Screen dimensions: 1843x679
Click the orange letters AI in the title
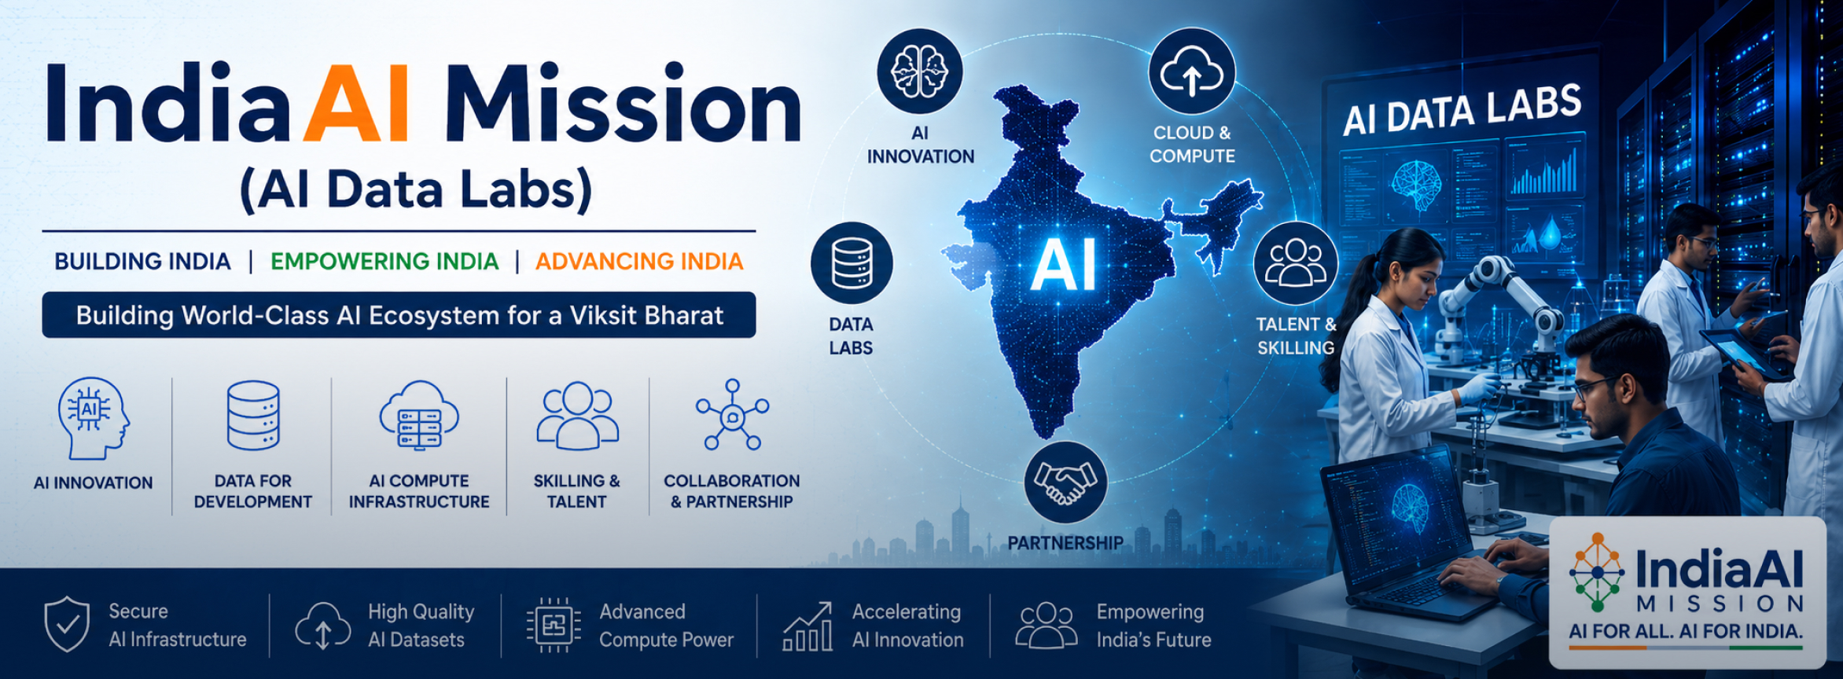356,104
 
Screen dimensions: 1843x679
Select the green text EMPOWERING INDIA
384,261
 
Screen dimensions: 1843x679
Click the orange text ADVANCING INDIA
639,261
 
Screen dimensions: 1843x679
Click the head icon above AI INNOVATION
93,418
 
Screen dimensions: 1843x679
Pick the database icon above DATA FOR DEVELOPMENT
253,416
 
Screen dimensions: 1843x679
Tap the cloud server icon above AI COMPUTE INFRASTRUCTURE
419,416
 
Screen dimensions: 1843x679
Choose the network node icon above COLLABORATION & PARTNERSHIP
732,414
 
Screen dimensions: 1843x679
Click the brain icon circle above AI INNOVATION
919,72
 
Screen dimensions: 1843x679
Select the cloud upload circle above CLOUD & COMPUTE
1192,72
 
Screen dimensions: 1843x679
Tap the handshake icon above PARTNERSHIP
1065,482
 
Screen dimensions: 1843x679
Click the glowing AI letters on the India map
1064,265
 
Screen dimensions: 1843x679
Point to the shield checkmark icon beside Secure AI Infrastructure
67,624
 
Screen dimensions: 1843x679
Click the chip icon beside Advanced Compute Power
554,626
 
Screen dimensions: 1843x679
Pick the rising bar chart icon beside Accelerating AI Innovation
807,626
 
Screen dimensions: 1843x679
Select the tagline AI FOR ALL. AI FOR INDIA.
1686,631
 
